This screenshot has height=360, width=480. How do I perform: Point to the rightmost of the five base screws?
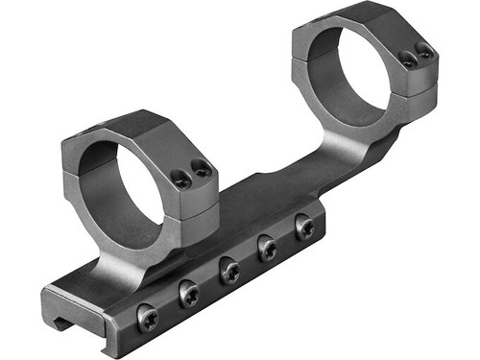pos(305,228)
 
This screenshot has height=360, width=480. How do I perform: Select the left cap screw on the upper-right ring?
pos(407,60)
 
